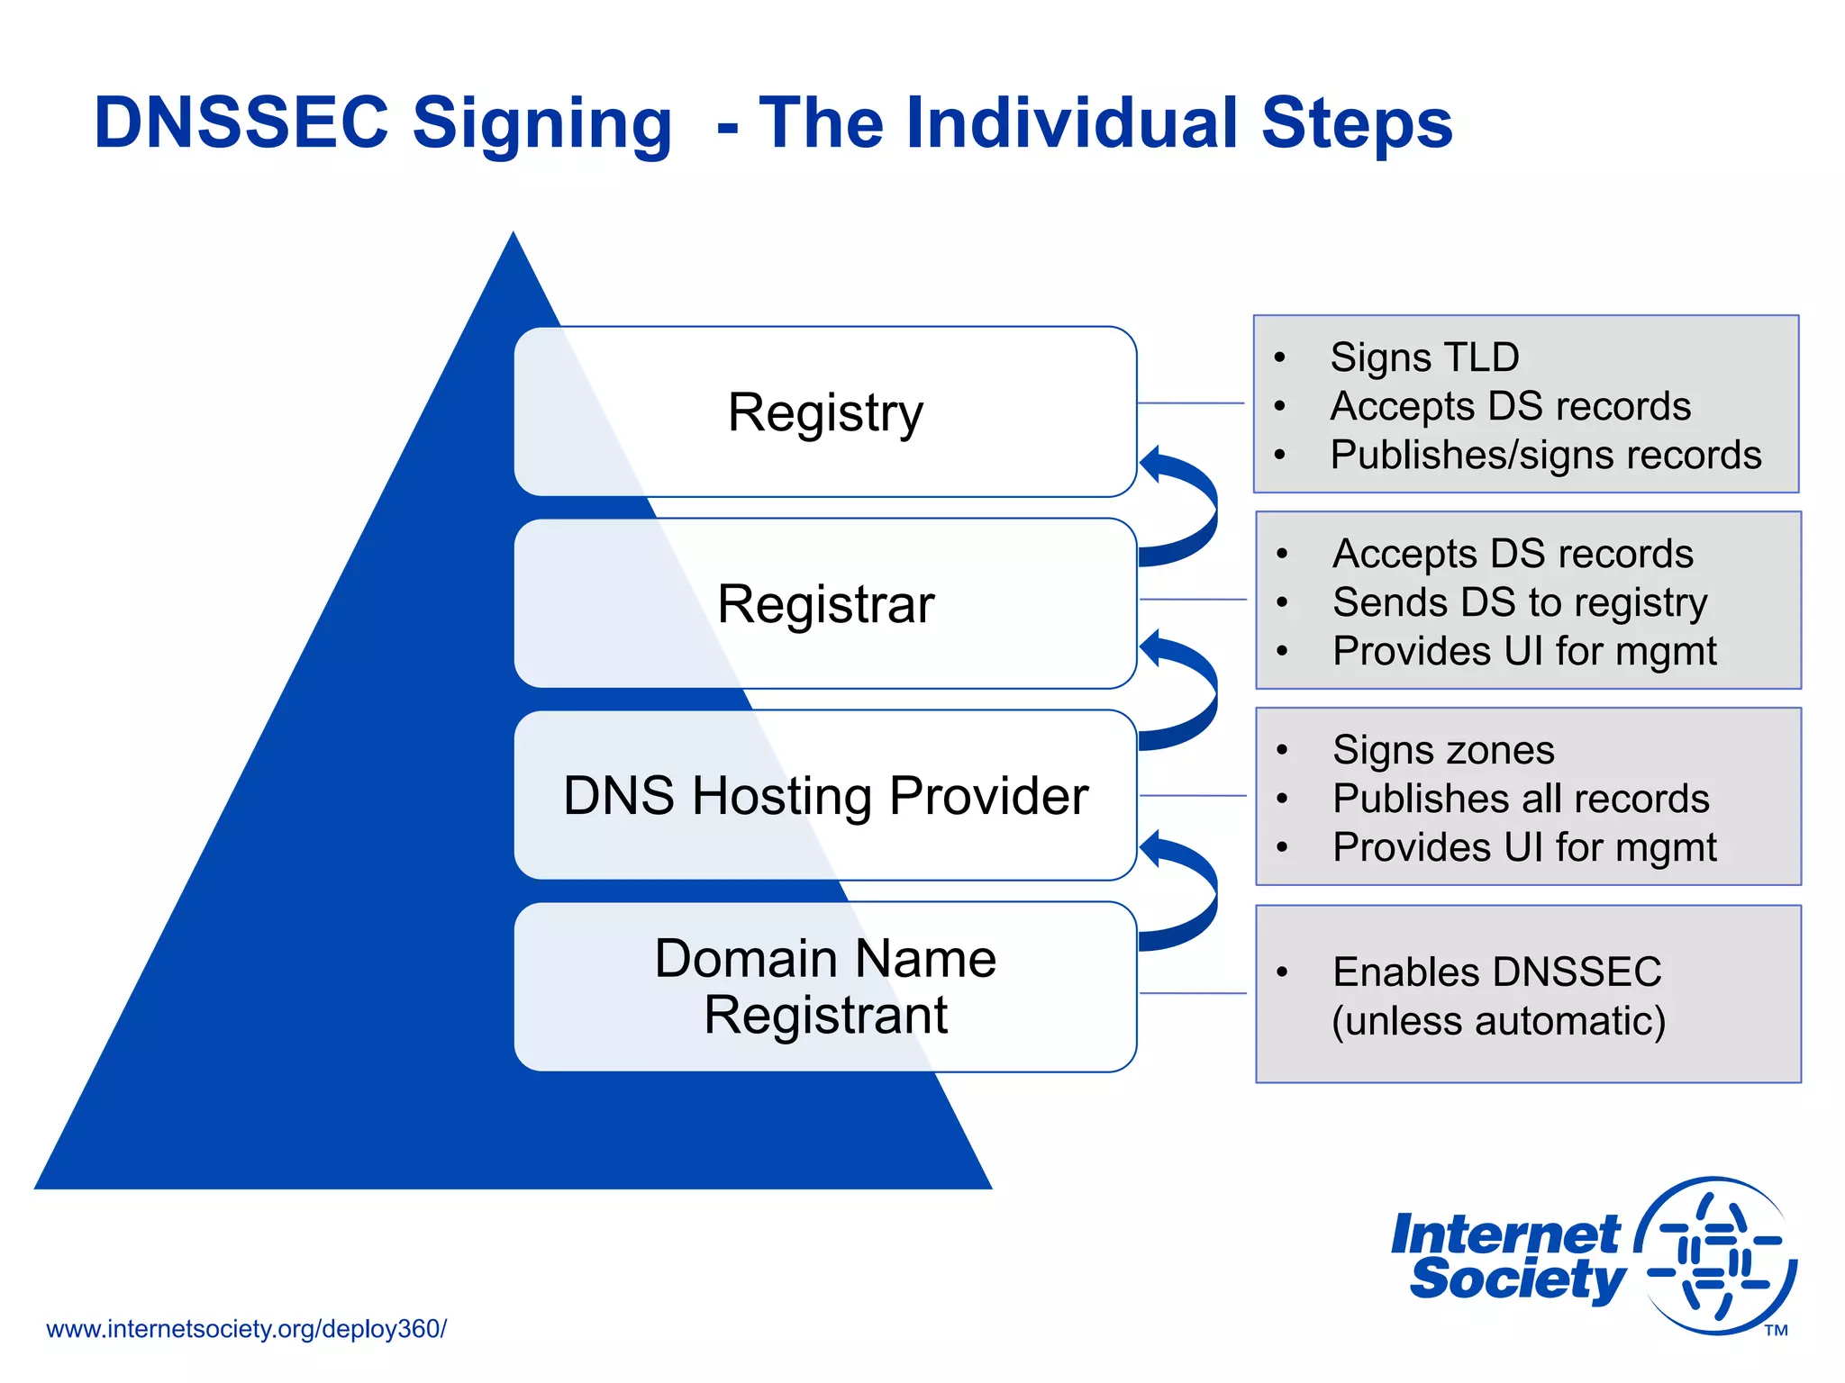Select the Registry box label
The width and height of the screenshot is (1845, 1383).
pyautogui.click(x=825, y=412)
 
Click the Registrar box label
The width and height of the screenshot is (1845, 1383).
pyautogui.click(x=825, y=604)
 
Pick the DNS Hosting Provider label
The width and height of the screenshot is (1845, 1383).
pyautogui.click(x=825, y=796)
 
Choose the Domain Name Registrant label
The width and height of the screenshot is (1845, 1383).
pyautogui.click(x=825, y=987)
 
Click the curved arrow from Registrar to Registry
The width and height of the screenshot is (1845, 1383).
pyautogui.click(x=1191, y=504)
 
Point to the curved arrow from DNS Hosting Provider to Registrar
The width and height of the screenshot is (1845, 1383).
pyautogui.click(x=1191, y=689)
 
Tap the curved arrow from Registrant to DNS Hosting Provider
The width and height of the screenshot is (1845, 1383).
pyautogui.click(x=1191, y=891)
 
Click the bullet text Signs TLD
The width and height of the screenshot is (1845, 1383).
pyautogui.click(x=1424, y=357)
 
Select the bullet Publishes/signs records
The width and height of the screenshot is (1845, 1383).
pyautogui.click(x=1545, y=455)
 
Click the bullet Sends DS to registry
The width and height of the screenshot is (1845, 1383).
pyautogui.click(x=1520, y=602)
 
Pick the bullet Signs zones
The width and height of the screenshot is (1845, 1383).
pyautogui.click(x=1443, y=750)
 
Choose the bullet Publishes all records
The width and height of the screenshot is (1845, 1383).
pyautogui.click(x=1521, y=799)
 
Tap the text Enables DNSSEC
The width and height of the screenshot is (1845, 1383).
pyautogui.click(x=1496, y=972)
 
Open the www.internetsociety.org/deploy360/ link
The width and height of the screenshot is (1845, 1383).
pyautogui.click(x=246, y=1329)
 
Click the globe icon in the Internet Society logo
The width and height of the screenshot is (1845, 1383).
pyautogui.click(x=1716, y=1256)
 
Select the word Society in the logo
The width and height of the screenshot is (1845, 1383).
pyautogui.click(x=1517, y=1279)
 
